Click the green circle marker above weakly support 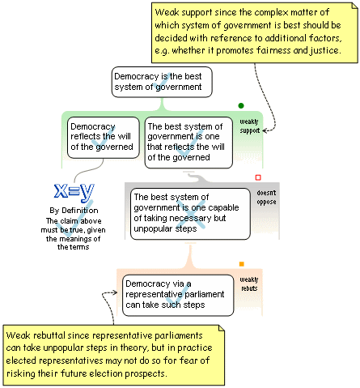241,105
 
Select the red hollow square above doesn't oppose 258,177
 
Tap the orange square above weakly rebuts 242,264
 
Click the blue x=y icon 74,192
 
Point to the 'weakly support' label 249,126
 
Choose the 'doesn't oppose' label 266,198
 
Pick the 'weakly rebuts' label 249,284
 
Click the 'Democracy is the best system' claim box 162,82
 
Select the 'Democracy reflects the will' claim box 103,138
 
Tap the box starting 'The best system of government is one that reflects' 188,143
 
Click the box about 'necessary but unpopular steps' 190,214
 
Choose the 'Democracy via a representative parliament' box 178,295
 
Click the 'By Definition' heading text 74,211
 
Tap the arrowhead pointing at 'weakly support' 265,130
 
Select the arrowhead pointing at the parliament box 115,292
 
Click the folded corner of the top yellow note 355,6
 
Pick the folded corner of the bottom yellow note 222,328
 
